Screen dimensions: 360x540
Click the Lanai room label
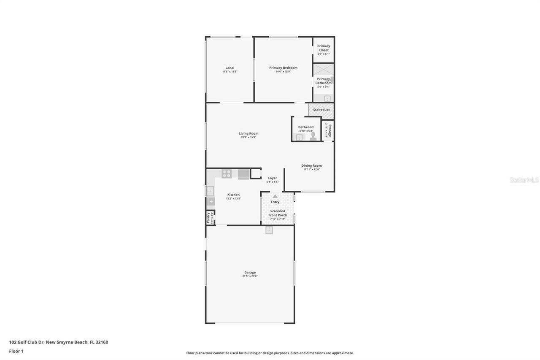click(229, 68)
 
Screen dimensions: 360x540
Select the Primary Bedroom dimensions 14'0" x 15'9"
click(283, 72)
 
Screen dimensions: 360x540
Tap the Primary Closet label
click(324, 48)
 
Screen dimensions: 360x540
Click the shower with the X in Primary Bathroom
click(323, 69)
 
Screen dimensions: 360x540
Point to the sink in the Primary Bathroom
click(327, 98)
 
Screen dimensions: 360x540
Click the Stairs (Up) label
click(321, 110)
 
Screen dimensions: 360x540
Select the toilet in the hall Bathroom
click(313, 136)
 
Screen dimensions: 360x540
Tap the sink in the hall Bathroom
click(299, 137)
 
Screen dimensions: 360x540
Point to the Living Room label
click(248, 133)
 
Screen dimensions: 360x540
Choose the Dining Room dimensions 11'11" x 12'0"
click(311, 170)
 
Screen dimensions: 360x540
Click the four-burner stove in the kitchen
click(227, 173)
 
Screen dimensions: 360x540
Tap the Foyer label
click(273, 178)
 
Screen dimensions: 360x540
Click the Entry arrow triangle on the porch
click(275, 196)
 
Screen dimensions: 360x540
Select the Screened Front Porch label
click(278, 213)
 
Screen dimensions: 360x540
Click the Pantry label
click(208, 217)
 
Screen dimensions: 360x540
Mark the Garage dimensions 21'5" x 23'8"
click(250, 276)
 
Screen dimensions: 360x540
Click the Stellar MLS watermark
click(524, 180)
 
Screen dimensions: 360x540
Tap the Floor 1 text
click(16, 351)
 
